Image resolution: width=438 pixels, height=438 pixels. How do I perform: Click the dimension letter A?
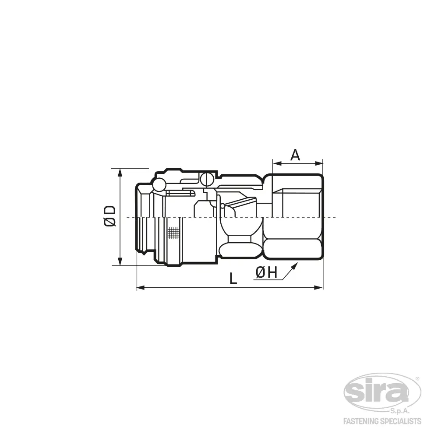[x=295, y=155]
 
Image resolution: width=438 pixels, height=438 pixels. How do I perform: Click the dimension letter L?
[x=233, y=278]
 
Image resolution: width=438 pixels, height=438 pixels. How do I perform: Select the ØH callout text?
[x=266, y=272]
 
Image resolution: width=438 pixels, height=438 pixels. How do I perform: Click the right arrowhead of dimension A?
[x=319, y=163]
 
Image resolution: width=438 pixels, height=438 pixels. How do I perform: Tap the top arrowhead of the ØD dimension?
[x=120, y=173]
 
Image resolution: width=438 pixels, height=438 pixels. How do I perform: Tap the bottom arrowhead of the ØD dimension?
[x=120, y=261]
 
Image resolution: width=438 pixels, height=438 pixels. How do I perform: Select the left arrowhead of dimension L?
[x=141, y=287]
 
